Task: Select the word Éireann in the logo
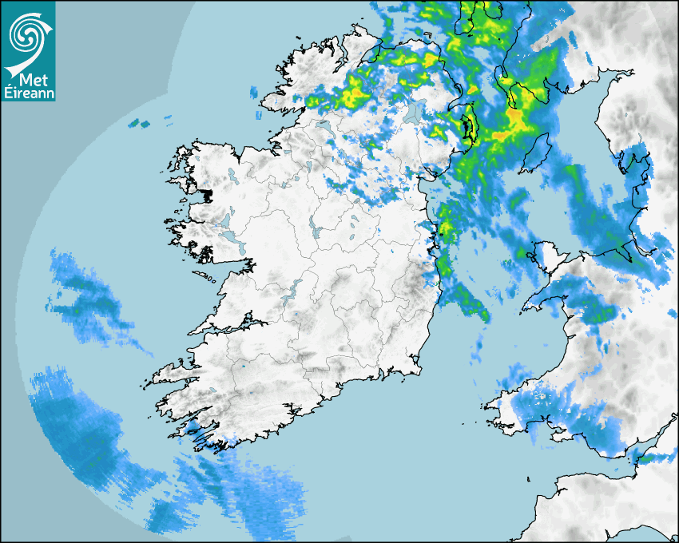pyautogui.click(x=28, y=93)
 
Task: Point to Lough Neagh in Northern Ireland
pyautogui.click(x=413, y=113)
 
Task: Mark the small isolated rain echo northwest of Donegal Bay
pyautogui.click(x=140, y=124)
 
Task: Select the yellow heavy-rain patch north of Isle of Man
pyautogui.click(x=515, y=120)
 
